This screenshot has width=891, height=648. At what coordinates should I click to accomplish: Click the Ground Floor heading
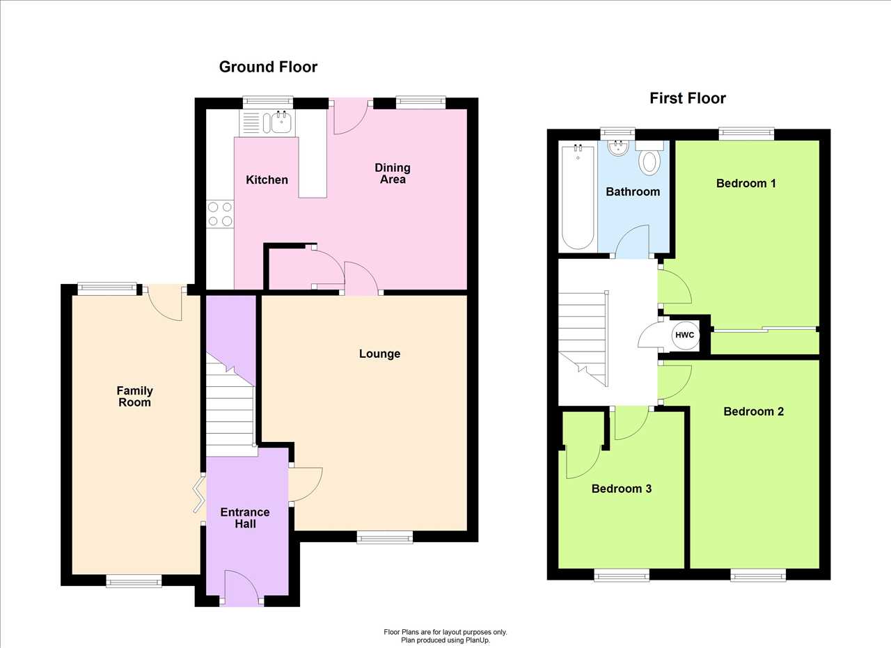pyautogui.click(x=268, y=67)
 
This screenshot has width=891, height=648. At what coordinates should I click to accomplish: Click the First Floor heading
pyautogui.click(x=688, y=98)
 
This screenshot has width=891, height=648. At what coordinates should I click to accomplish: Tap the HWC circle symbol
pyautogui.click(x=684, y=335)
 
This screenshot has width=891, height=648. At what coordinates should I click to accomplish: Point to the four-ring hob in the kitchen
pyautogui.click(x=220, y=214)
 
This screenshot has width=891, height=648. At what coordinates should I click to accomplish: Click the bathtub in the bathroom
pyautogui.click(x=578, y=197)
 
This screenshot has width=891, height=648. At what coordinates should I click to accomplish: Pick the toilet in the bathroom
pyautogui.click(x=649, y=158)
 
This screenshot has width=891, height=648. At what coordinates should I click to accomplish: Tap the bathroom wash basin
pyautogui.click(x=618, y=148)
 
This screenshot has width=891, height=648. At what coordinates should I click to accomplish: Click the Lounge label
pyautogui.click(x=379, y=354)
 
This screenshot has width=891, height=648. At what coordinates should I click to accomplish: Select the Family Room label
pyautogui.click(x=134, y=396)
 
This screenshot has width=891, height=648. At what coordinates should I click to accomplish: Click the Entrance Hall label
pyautogui.click(x=245, y=518)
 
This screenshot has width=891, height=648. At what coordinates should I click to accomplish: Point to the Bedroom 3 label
pyautogui.click(x=622, y=489)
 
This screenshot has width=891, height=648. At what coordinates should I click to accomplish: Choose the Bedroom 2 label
pyautogui.click(x=753, y=411)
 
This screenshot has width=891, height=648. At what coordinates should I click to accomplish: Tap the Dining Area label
pyautogui.click(x=393, y=173)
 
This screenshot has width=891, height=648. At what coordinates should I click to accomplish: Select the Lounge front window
pyautogui.click(x=385, y=538)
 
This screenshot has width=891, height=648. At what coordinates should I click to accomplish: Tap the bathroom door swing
pyautogui.click(x=633, y=242)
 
